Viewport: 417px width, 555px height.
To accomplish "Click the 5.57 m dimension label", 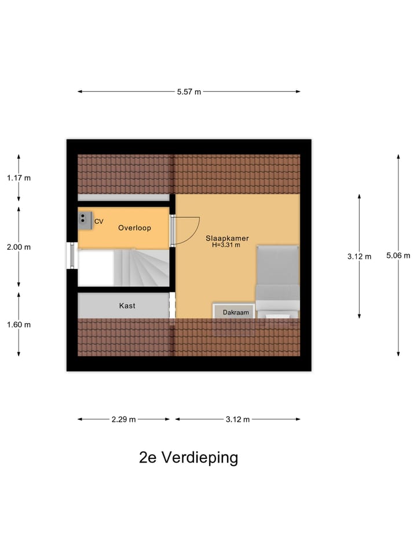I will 189,91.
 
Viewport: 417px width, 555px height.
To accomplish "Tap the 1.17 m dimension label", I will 19,178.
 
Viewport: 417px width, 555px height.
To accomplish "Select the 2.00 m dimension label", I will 19,247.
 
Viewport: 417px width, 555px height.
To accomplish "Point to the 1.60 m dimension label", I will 19,324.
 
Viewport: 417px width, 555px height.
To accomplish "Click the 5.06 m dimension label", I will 398,256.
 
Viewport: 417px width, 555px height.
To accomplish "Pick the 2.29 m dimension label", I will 124,419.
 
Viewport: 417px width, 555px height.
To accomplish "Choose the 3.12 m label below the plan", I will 237,419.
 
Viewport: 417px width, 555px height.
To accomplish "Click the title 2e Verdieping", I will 188,457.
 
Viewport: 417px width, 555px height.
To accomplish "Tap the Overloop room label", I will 134,228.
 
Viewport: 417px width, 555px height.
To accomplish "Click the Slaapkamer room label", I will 223,238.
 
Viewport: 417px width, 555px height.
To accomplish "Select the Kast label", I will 127,305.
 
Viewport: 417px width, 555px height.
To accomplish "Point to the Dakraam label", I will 236,313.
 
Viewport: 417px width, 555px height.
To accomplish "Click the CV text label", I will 98,221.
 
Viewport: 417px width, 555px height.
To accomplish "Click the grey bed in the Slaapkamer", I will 277,277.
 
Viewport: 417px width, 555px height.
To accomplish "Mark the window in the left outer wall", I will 72,255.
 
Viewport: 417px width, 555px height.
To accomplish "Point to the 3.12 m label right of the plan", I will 359,256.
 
